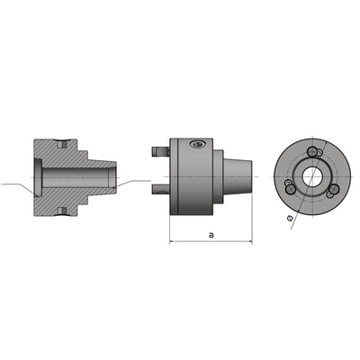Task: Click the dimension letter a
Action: click(210, 233)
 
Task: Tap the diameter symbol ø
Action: click(288, 217)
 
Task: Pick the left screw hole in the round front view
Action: click(287, 184)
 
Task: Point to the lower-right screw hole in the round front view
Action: click(330, 190)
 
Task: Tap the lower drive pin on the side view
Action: click(158, 188)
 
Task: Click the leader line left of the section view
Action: click(16, 185)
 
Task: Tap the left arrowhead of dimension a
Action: click(173, 241)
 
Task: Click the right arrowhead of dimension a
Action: click(250, 241)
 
